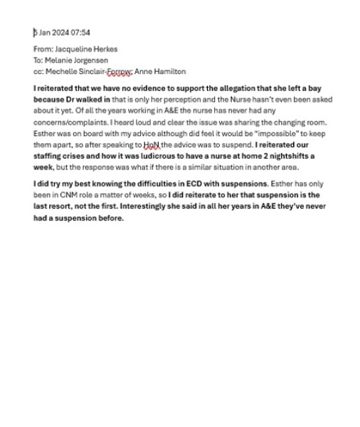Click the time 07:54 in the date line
[80, 33]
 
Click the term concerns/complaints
[68, 122]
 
